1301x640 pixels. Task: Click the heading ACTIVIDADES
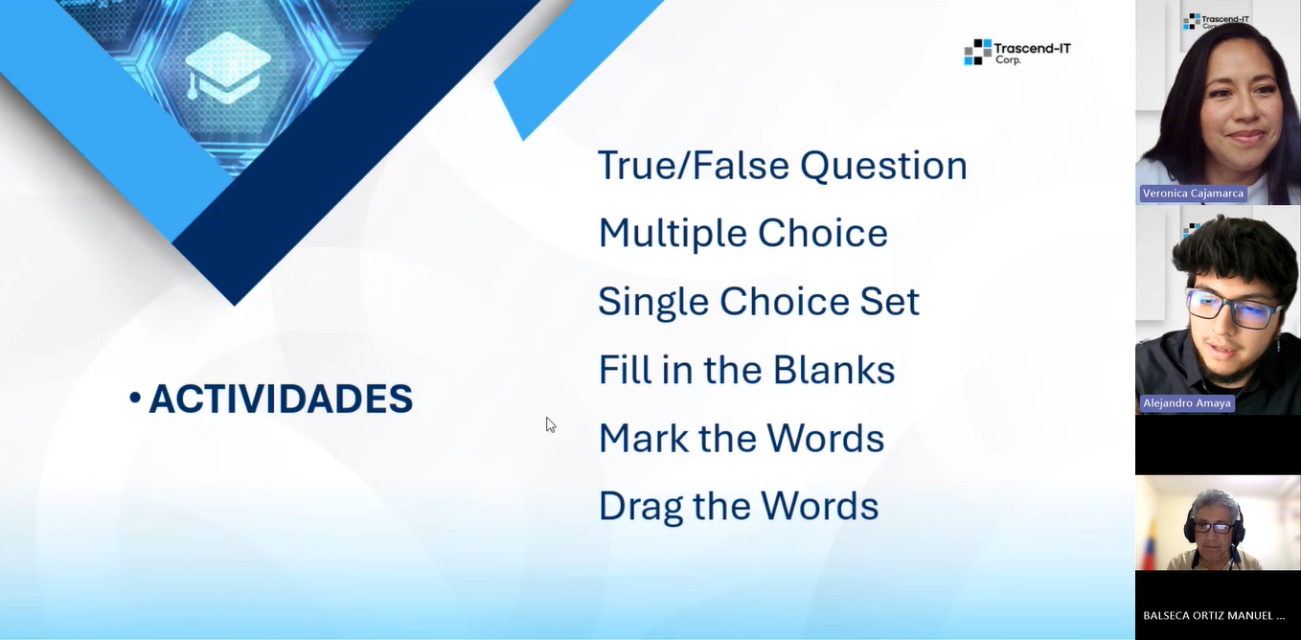click(x=281, y=399)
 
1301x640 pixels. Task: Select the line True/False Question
click(x=782, y=166)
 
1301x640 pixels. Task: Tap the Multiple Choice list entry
click(x=742, y=234)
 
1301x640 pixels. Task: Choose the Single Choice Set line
click(x=758, y=302)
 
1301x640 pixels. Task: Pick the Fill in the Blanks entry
click(x=746, y=370)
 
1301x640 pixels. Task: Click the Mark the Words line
click(x=741, y=438)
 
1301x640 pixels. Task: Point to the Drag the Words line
click(x=738, y=506)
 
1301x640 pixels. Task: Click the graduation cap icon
click(x=227, y=67)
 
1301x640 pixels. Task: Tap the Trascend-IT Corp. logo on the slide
click(x=1016, y=52)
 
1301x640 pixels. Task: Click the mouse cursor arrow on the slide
click(x=551, y=424)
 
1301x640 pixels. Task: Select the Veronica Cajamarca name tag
click(x=1193, y=194)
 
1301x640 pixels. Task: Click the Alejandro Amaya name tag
click(x=1186, y=403)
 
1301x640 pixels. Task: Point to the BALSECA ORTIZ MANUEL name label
click(x=1214, y=615)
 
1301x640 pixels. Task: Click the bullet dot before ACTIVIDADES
click(x=135, y=397)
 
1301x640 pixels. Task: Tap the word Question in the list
click(x=883, y=166)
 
